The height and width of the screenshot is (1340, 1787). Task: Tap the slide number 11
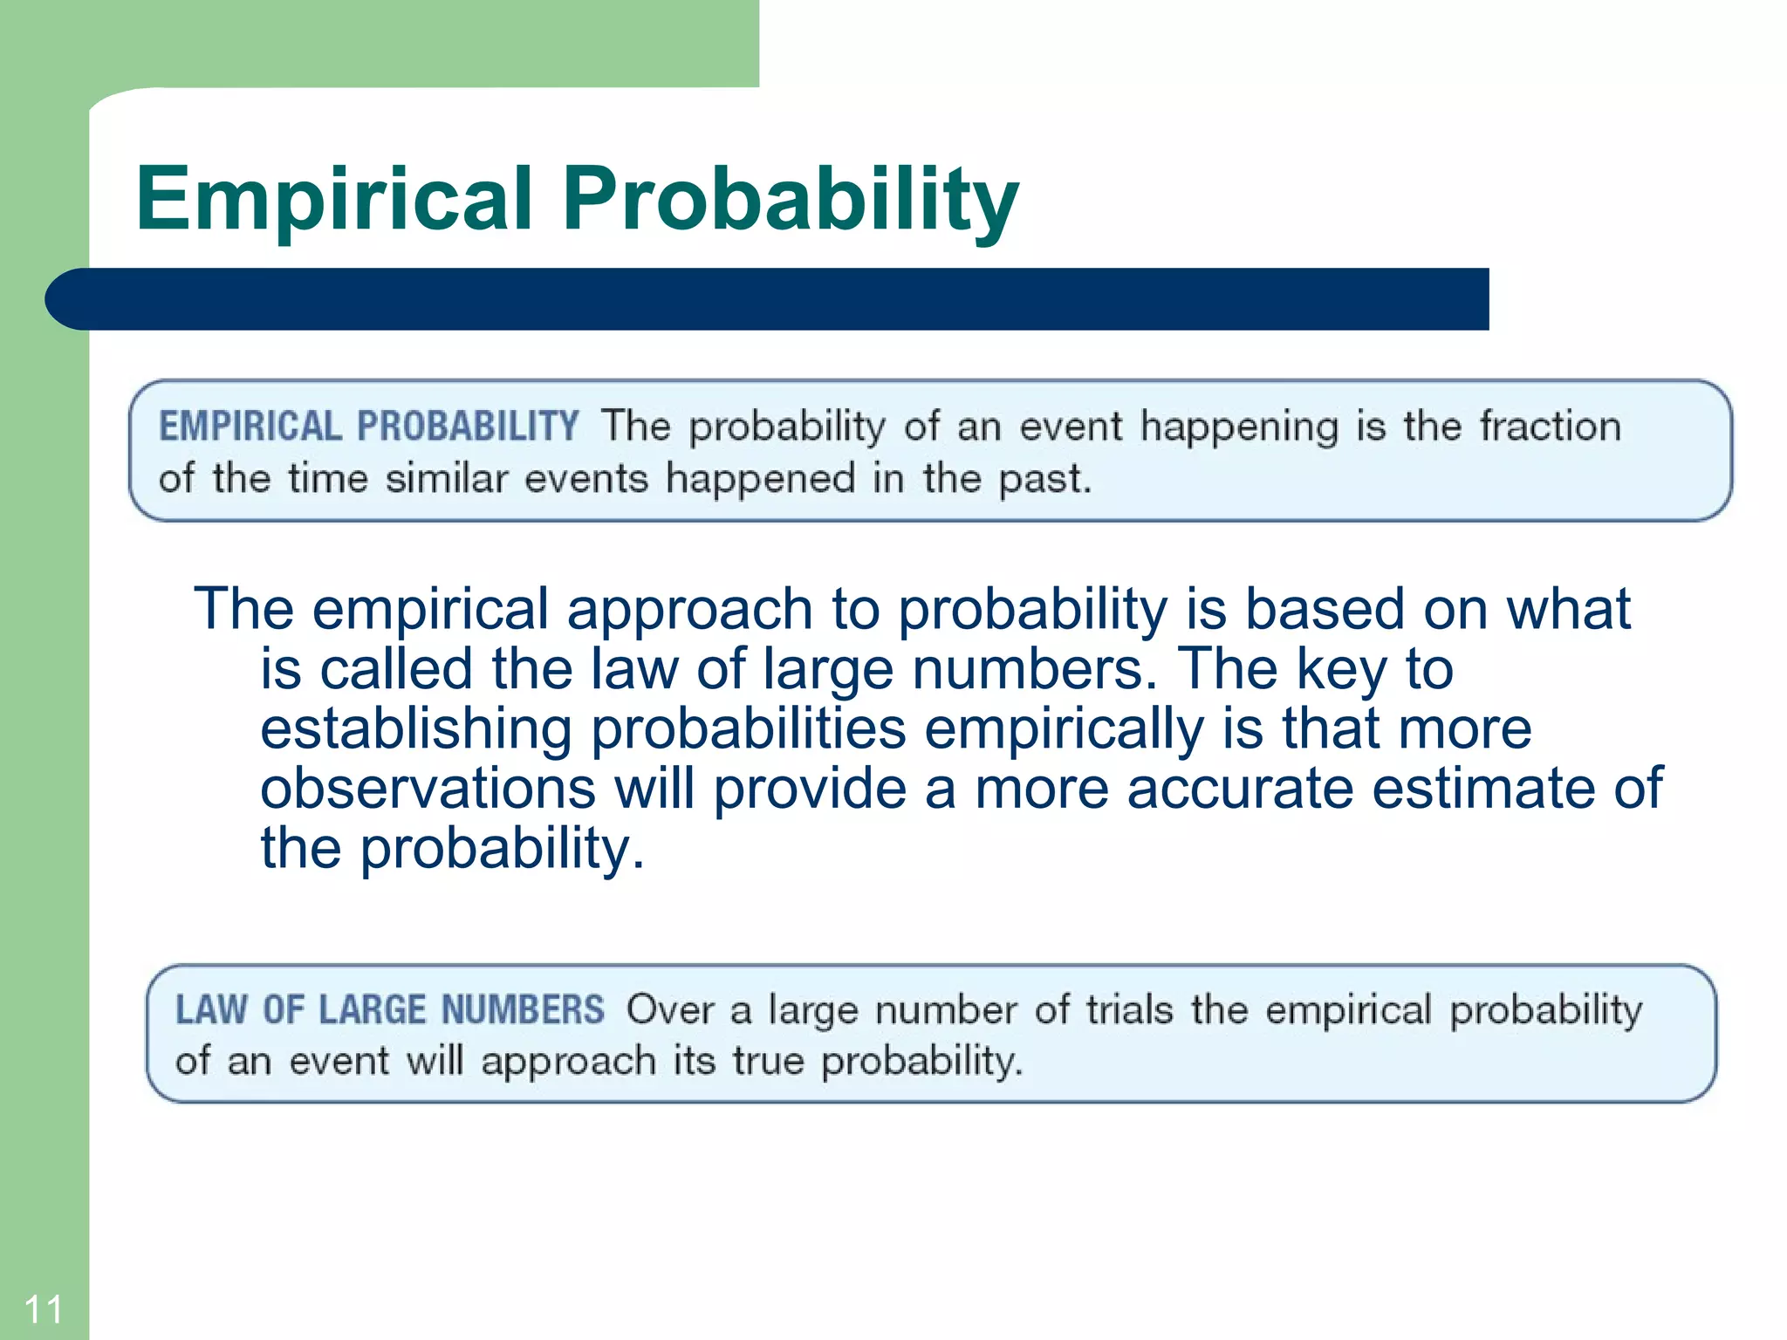[x=43, y=1309]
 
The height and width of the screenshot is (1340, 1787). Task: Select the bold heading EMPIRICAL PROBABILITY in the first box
[x=368, y=427]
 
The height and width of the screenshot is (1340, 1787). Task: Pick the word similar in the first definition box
[x=446, y=479]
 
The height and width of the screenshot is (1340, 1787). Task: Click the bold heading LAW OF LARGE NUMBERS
[x=389, y=1009]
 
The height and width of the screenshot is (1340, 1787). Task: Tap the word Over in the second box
[x=669, y=1009]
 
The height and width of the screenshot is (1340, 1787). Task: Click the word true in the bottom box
[x=767, y=1061]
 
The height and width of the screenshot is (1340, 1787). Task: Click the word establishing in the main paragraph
[x=415, y=728]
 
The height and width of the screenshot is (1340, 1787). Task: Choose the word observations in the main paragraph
[x=428, y=788]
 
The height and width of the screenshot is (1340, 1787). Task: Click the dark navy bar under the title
[x=768, y=299]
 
